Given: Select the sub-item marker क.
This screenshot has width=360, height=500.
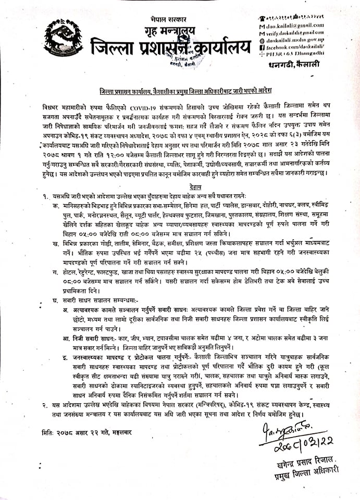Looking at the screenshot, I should tap(54, 206).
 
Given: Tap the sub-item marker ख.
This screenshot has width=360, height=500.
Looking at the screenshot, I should tap(54, 243).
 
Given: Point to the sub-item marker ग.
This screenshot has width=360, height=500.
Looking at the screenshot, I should tap(54, 273).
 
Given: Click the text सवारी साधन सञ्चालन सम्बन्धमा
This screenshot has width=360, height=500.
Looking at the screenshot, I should tap(92, 302).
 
